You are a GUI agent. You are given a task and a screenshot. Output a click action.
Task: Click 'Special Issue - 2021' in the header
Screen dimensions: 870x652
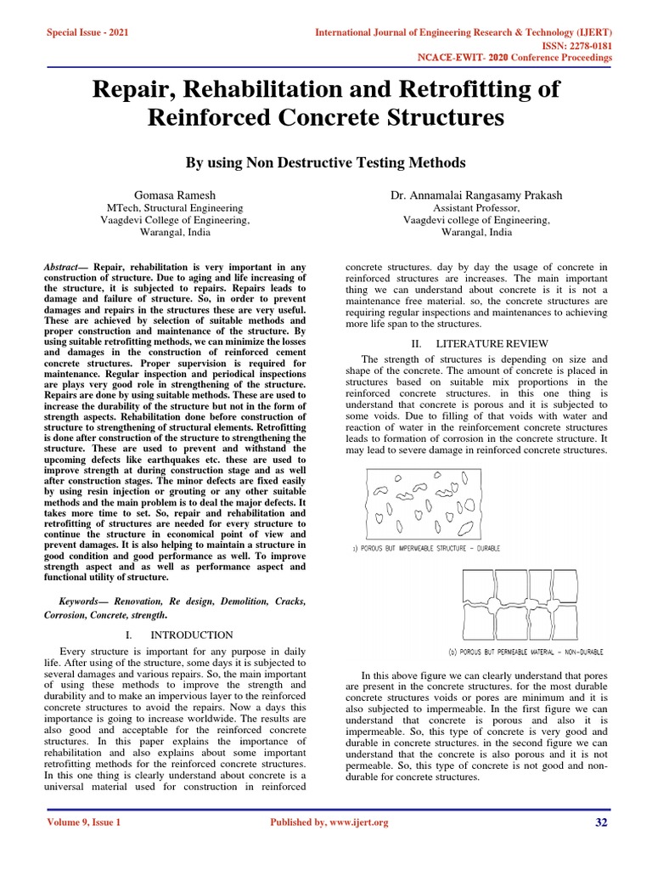86,33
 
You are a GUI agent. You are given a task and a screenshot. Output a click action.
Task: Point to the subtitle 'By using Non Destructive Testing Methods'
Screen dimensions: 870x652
326,161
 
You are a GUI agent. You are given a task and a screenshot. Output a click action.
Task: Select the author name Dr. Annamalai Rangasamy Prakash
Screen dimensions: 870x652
476,195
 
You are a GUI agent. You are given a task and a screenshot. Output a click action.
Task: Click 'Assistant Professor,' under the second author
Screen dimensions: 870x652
476,207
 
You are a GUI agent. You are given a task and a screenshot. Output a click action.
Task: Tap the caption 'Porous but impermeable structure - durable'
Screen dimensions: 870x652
426,548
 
